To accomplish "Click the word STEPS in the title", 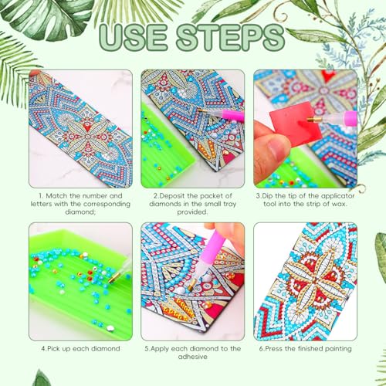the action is [231, 38].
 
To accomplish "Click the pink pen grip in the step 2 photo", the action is [233, 115].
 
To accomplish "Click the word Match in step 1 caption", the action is [56, 196].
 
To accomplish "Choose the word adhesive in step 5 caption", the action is [193, 357].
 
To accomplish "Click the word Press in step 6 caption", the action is [274, 349].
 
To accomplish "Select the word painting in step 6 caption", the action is [338, 349].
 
